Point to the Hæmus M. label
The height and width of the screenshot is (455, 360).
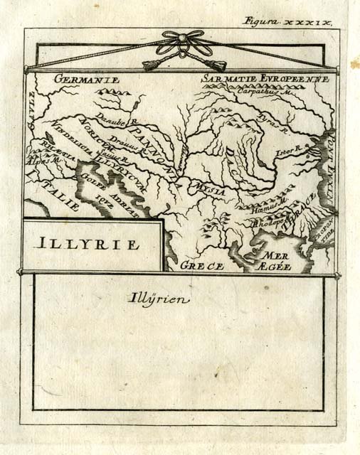(x=268, y=205)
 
